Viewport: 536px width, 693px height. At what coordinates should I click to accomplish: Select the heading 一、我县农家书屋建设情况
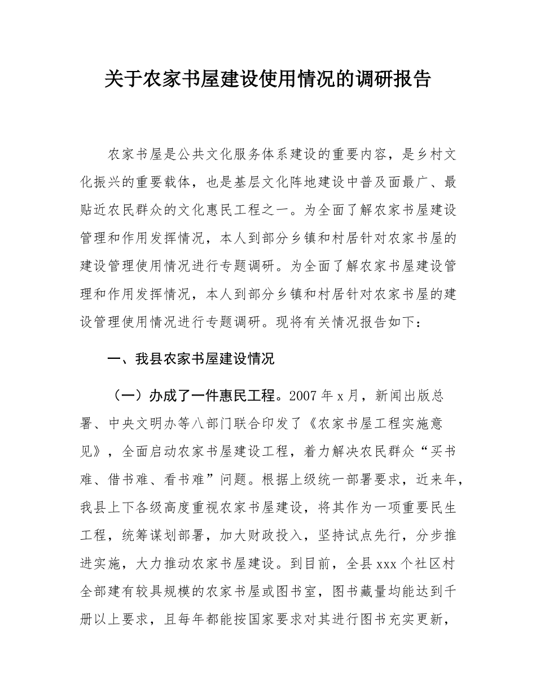click(x=191, y=359)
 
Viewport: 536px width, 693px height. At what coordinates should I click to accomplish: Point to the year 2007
click(x=304, y=396)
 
